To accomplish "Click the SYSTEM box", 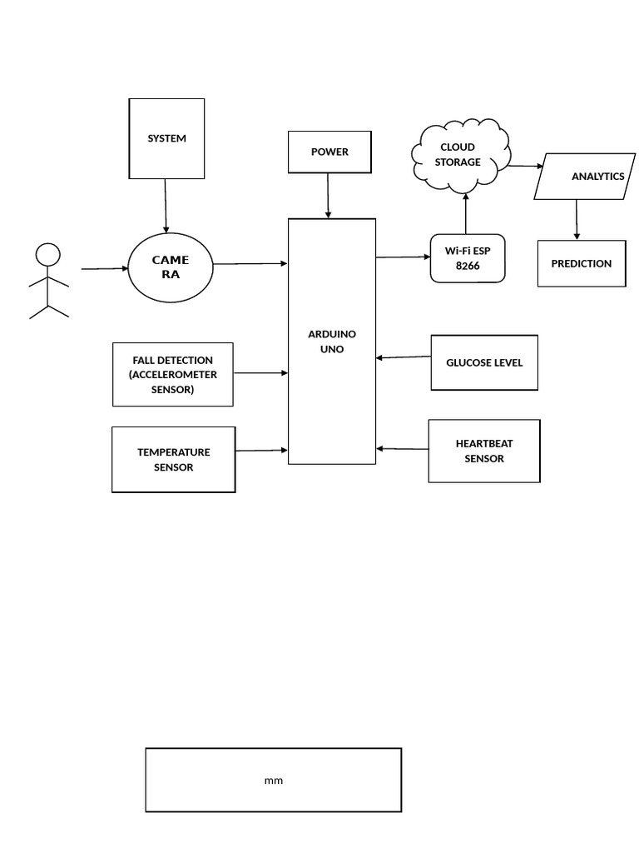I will [x=166, y=138].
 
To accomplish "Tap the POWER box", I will [x=329, y=152].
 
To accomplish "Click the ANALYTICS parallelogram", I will [x=585, y=177].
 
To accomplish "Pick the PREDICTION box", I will [x=581, y=263].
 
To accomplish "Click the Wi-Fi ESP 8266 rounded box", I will [x=468, y=258].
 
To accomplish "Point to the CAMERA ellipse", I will [x=171, y=267].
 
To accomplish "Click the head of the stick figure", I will [x=49, y=254].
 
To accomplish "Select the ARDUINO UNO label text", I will [x=332, y=342].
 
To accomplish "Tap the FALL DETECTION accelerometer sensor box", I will [x=172, y=375].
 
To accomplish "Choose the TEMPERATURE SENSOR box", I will [x=173, y=460].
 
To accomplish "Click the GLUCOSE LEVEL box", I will [x=484, y=362].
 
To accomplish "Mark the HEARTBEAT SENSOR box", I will [x=484, y=451].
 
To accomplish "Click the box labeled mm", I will [x=273, y=780].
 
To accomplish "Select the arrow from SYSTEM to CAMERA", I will [x=166, y=206].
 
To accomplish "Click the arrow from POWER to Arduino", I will [x=329, y=196].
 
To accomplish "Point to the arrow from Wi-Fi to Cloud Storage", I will [x=466, y=212].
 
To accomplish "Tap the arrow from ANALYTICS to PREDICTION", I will [x=577, y=220].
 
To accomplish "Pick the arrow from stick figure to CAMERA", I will [x=104, y=269].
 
